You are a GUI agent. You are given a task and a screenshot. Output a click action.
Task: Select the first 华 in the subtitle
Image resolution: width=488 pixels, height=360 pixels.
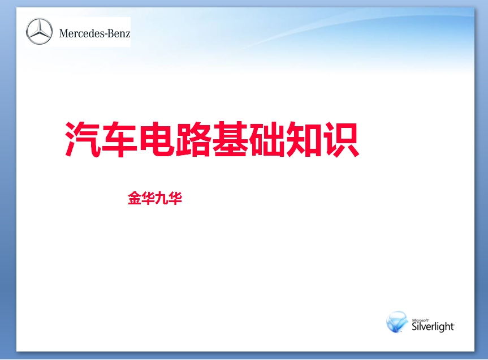pos(148,199)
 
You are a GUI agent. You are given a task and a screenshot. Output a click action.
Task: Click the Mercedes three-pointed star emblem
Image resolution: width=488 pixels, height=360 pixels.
pos(39,32)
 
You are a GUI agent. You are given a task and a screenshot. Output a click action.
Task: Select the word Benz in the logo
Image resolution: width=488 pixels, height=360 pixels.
pos(118,33)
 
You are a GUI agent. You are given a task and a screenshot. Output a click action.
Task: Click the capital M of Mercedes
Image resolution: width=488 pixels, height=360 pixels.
pos(63,33)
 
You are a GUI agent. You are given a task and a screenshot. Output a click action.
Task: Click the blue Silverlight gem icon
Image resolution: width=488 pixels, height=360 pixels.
pos(397,322)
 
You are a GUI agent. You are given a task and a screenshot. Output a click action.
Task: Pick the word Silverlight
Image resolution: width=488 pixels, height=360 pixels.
pos(433,327)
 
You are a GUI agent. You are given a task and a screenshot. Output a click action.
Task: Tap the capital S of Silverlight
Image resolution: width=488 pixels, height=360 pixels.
pos(414,327)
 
